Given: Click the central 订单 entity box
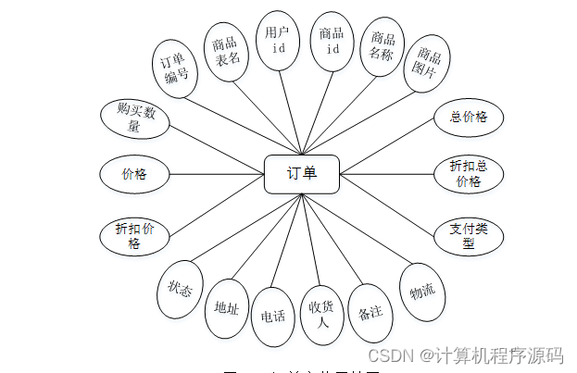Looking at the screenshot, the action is tap(302, 173).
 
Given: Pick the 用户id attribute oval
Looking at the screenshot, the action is tap(278, 41).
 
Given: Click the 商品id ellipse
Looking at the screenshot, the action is tap(331, 41).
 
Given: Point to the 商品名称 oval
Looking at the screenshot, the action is tap(383, 46).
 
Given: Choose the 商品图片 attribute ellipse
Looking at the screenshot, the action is tap(428, 63).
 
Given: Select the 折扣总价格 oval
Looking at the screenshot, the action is tap(468, 173).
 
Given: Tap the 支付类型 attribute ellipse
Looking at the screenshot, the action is tap(468, 235).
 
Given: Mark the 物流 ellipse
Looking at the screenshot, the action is tap(422, 292).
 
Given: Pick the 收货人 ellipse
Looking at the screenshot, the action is tap(322, 316).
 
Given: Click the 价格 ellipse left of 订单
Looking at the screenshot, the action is tap(134, 173).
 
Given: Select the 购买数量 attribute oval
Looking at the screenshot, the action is tap(135, 119).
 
